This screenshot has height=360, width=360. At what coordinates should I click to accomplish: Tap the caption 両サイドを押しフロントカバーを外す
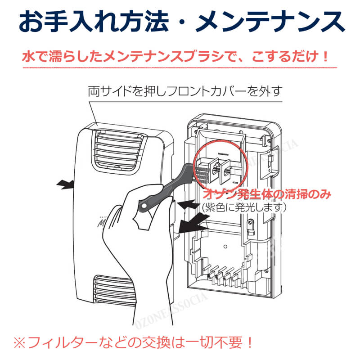coord(184,92)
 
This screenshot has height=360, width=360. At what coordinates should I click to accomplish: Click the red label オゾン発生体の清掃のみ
coord(268,195)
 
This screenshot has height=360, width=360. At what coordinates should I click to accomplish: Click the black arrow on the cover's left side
coord(66,184)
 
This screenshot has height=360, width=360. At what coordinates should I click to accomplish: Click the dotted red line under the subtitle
coord(180,67)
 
